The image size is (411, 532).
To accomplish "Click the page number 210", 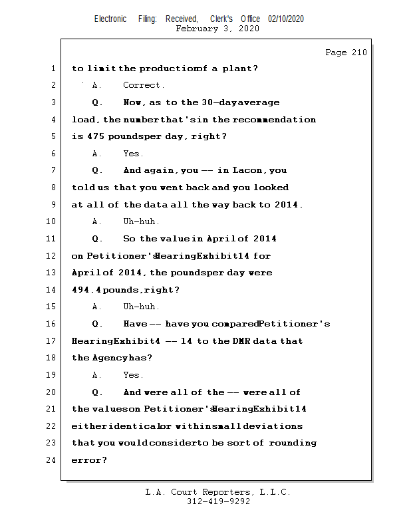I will point(359,53).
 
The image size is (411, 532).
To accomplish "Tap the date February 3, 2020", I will point(217,29).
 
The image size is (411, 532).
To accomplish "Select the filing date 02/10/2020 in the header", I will point(286,19).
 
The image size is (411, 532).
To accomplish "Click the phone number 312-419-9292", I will point(218,502).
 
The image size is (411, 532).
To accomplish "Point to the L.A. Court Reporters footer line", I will point(218,493).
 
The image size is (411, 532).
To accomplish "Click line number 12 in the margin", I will point(52,255).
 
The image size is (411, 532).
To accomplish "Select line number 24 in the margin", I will point(52,460).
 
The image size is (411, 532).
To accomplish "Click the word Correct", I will point(144,85).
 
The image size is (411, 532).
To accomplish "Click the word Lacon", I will point(247,170).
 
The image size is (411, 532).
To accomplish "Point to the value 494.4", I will point(85,290).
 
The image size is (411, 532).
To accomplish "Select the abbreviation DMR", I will point(240,340).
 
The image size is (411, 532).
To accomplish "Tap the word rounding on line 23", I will point(292,442).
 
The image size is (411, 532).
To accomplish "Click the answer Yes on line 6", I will point(133,154).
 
